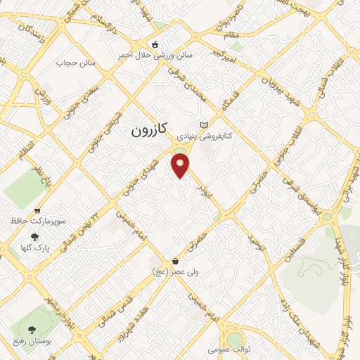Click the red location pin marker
click(181, 166)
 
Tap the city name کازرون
click(149, 130)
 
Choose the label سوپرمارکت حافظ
click(38, 221)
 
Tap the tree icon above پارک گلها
click(34, 237)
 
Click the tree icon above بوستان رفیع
click(30, 329)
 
